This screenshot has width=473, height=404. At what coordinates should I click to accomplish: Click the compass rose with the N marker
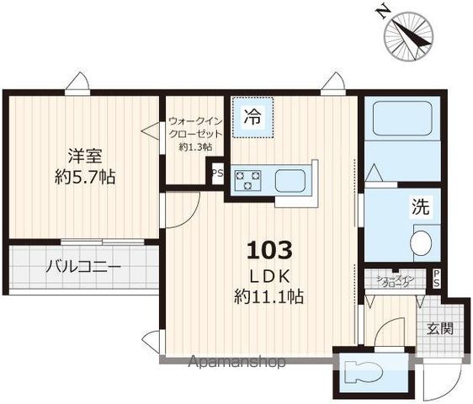coord(408,32)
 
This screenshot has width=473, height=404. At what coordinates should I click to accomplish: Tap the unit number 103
coord(269,250)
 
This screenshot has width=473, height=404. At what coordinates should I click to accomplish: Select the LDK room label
coord(269,275)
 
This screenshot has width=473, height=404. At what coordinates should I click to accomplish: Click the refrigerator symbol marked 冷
coord(252,118)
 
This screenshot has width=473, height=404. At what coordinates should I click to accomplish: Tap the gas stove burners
coord(249,179)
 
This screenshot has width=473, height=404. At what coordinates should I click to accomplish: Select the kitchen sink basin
coord(292,179)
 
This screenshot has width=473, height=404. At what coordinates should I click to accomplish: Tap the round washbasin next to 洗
coord(421,244)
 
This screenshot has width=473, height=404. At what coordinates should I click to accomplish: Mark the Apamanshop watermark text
coord(237,362)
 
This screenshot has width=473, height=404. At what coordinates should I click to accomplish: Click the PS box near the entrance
coord(436,279)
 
